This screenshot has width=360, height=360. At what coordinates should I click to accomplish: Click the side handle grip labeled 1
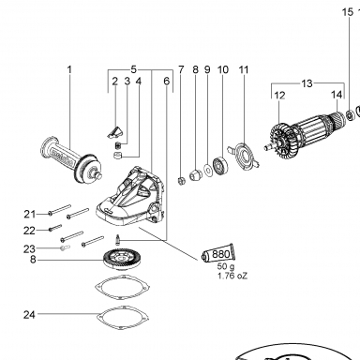tap(71, 160)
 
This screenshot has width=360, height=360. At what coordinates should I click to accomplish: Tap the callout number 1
tap(69, 69)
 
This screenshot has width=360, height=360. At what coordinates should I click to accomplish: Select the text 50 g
tap(226, 267)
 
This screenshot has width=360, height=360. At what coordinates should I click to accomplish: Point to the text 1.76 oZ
tap(232, 276)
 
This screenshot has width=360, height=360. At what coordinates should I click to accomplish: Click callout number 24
tap(29, 315)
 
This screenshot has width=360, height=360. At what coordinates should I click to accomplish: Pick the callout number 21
tap(30, 214)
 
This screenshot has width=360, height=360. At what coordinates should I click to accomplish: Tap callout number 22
tap(29, 231)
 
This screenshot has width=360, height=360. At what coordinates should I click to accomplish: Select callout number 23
tap(29, 249)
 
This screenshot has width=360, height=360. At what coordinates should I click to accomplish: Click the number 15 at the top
tap(348, 12)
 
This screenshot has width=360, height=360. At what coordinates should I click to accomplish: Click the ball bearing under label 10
tap(220, 166)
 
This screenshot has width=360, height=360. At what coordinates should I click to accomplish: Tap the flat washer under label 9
tap(207, 170)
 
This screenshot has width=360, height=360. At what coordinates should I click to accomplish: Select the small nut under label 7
tap(181, 180)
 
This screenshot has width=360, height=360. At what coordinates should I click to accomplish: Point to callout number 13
tap(307, 83)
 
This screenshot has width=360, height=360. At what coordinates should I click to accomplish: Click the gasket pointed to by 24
tap(122, 318)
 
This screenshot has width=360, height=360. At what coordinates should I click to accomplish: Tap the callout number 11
tap(244, 69)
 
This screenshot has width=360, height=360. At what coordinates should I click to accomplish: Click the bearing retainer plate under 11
tap(244, 156)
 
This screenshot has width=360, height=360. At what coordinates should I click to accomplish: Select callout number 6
tap(167, 82)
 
